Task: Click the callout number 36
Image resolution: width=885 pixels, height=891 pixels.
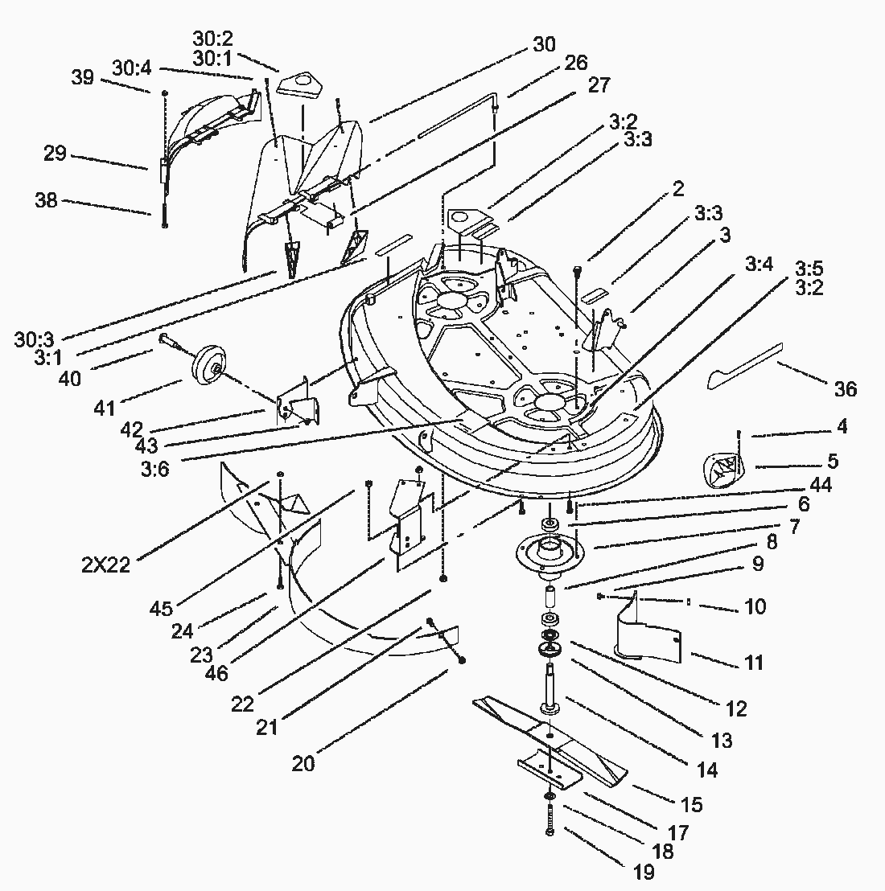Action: [846, 389]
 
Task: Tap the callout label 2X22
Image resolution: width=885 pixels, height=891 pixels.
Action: [105, 565]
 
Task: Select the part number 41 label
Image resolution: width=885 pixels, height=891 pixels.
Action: [105, 409]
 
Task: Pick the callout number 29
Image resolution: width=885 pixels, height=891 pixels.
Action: [55, 153]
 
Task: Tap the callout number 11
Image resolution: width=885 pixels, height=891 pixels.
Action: [754, 663]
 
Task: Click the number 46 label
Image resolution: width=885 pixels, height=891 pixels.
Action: [217, 674]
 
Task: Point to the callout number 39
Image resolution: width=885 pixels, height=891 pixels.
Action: [83, 78]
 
